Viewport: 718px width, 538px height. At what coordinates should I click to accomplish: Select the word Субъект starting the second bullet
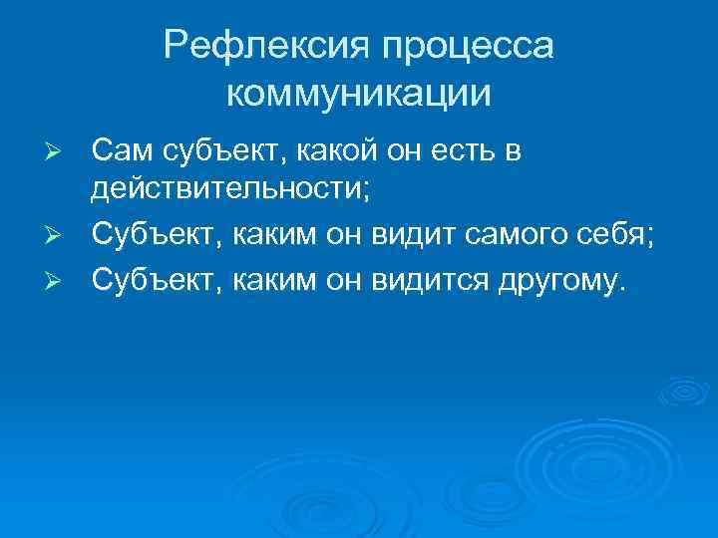pos(157,234)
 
